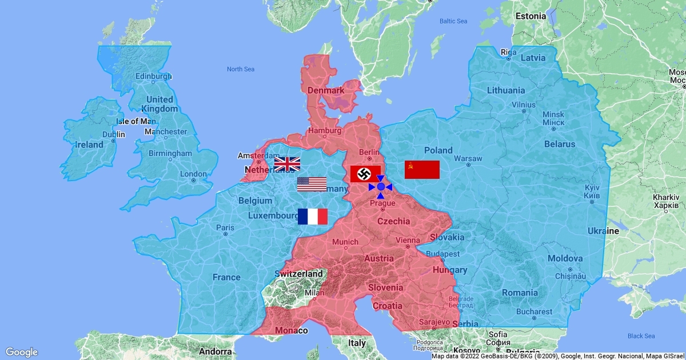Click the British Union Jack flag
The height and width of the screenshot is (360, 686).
click(x=287, y=165)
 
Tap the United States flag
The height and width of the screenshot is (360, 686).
click(x=312, y=184)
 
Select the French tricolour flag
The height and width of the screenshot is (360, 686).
click(x=313, y=217)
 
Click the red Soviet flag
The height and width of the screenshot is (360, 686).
click(x=422, y=170)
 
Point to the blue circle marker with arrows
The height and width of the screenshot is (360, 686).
click(x=380, y=187)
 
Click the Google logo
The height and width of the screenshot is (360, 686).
click(x=21, y=352)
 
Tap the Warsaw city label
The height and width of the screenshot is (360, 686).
click(x=468, y=158)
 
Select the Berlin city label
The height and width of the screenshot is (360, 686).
click(x=369, y=152)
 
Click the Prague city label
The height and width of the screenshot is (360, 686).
click(x=382, y=203)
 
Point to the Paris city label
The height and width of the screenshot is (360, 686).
click(x=225, y=227)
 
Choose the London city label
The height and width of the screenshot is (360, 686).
click(x=193, y=174)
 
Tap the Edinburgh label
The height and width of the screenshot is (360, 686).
click(x=153, y=77)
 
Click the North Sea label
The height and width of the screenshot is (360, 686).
click(x=240, y=69)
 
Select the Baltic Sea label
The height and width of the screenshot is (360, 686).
click(x=453, y=21)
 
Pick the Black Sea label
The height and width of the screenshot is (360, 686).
click(x=641, y=336)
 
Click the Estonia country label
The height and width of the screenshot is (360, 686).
click(x=531, y=16)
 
